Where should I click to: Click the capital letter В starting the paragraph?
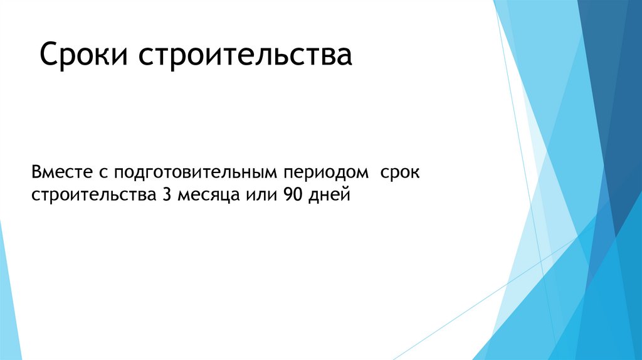[x=36, y=171]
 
